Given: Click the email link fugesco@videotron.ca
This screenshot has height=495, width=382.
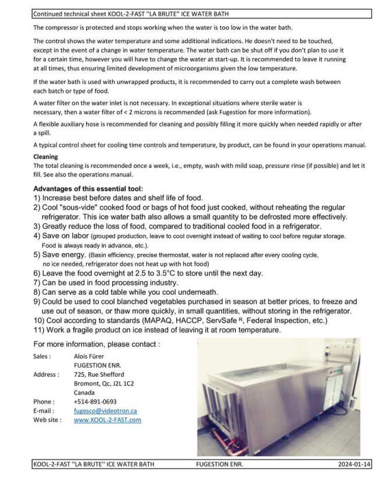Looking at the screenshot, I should click(x=105, y=411).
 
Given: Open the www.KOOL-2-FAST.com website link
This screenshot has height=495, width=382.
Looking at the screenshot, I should click(x=107, y=419).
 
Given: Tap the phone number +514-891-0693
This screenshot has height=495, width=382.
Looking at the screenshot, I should click(x=95, y=401).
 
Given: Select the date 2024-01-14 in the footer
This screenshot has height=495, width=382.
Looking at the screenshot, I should click(x=354, y=464).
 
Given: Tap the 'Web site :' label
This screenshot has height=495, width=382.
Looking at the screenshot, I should click(x=47, y=419).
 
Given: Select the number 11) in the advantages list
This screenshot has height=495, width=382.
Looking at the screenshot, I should click(x=40, y=330).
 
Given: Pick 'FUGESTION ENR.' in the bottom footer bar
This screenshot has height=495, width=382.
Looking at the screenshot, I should click(x=220, y=464).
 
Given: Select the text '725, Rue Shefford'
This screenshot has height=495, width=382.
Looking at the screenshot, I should click(x=99, y=374).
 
